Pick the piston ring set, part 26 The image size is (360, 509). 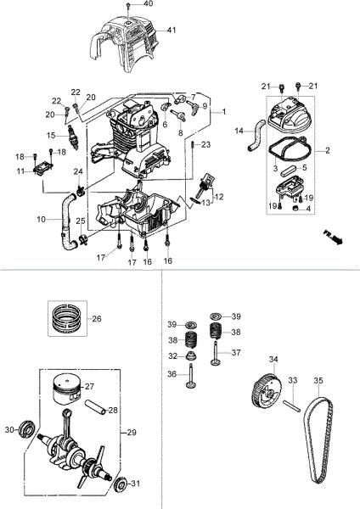[x=65, y=320]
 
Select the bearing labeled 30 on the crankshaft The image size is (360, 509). [x=28, y=430]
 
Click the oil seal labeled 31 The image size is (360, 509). [x=120, y=484]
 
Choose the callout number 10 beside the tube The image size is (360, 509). [x=41, y=219]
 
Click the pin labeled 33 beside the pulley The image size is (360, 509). [x=289, y=404]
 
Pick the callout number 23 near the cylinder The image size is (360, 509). [x=205, y=145]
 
